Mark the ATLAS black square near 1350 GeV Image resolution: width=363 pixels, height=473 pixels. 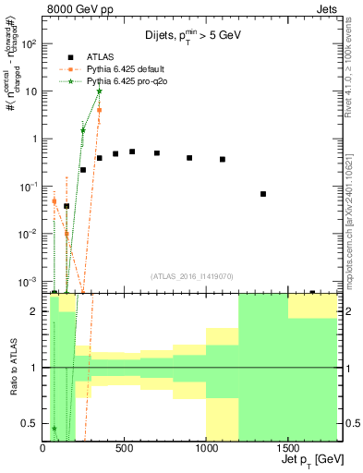point(263,194)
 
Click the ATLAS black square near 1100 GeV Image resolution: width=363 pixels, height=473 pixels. point(223,159)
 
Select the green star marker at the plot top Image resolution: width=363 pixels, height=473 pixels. point(99,91)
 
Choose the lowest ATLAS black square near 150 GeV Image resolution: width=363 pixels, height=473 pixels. point(67,206)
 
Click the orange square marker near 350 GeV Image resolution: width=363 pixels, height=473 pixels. point(99,110)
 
